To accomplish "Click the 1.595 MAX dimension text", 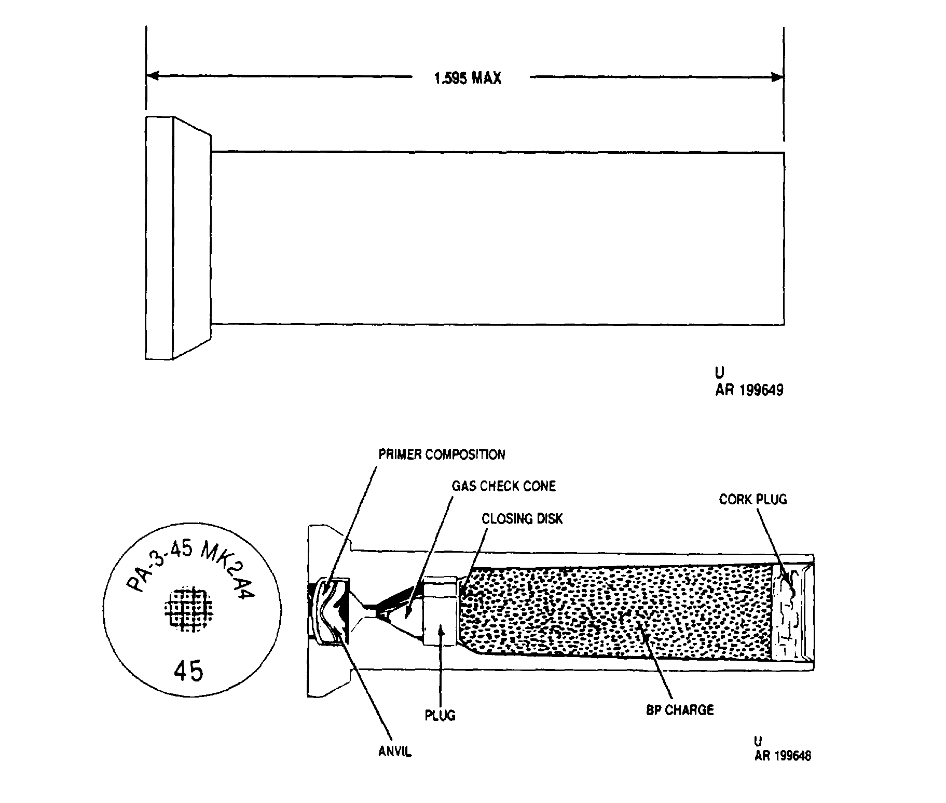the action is point(468,78).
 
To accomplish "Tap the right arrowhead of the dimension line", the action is point(777,78).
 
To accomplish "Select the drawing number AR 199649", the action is point(749,390).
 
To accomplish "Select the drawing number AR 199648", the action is point(783,756).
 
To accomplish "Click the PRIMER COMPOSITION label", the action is point(442,454).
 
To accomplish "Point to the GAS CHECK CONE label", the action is point(503,486).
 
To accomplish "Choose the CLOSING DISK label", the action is point(522,519).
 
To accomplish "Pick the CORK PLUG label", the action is point(753,499).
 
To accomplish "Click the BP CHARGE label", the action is point(680,710).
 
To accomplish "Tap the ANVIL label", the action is point(395,752).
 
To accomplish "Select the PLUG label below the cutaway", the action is point(440,715).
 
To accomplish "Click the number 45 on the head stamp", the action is point(188,672).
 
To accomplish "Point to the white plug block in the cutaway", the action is point(440,612).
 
